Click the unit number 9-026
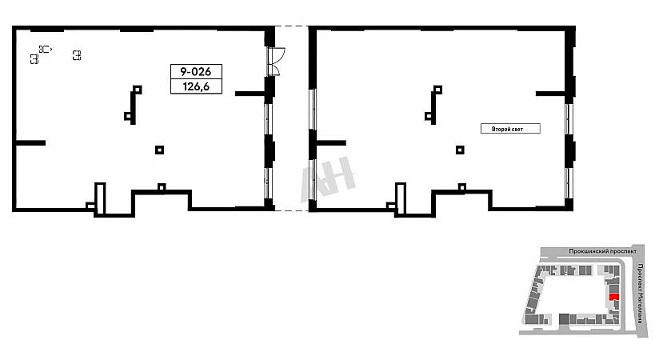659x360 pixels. tap(196, 71)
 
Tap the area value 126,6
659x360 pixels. tap(196, 86)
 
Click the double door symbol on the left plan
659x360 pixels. tap(275, 60)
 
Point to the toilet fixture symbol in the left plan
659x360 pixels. tap(45, 48)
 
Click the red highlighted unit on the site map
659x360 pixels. tap(613, 297)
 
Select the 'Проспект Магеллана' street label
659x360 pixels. tap(642, 292)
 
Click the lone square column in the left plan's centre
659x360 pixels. tap(160, 149)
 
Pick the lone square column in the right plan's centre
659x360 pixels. tap(460, 149)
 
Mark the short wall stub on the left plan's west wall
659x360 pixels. tap(30, 143)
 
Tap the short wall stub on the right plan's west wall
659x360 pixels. tap(330, 143)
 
